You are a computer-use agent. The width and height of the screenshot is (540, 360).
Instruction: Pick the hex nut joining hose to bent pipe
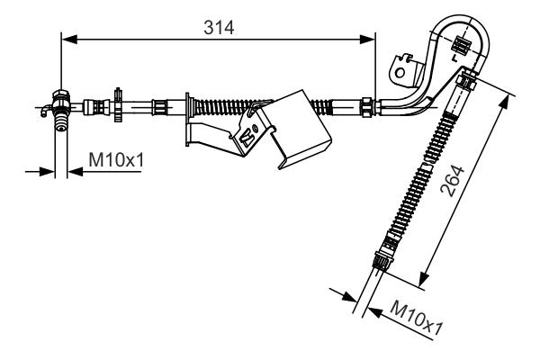(x=367, y=107)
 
